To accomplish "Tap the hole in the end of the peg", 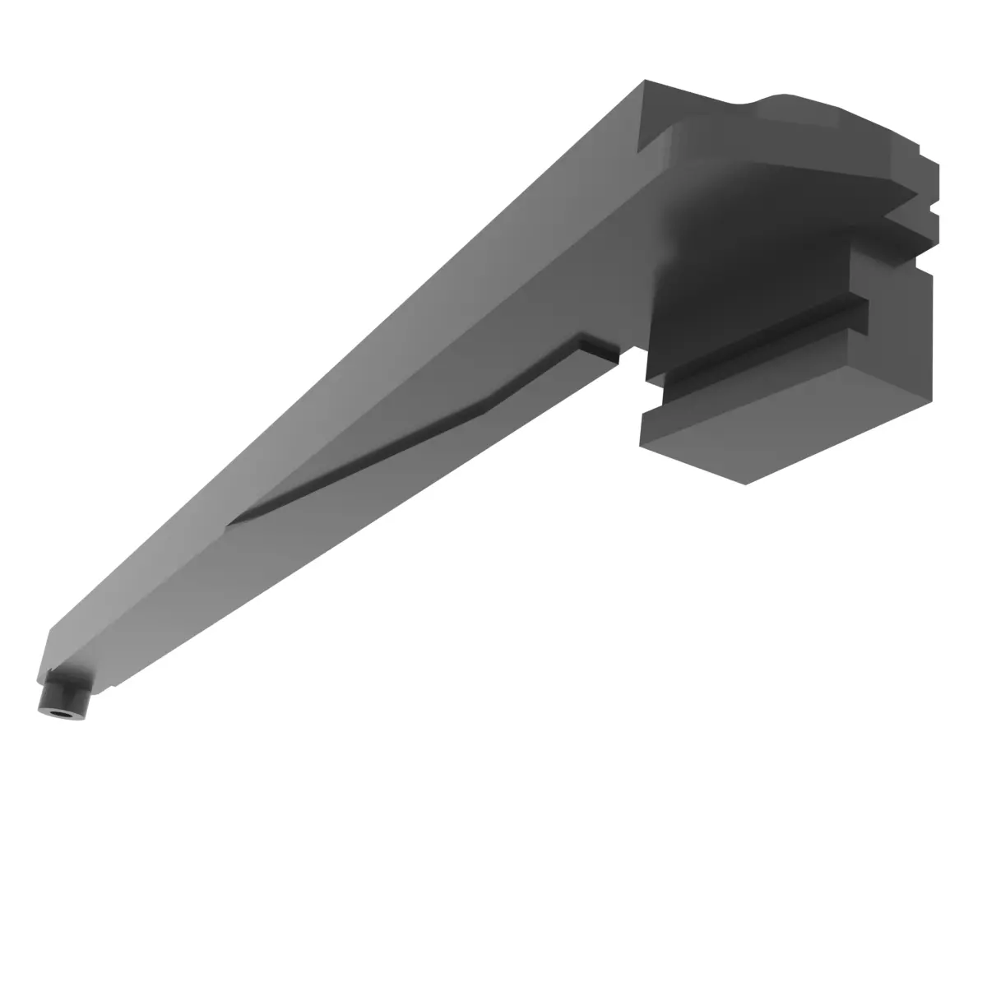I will (x=57, y=711).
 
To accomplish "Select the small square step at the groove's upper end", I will (x=600, y=347).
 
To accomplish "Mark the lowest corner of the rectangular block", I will (x=745, y=484).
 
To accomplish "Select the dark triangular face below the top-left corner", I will (x=655, y=119).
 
